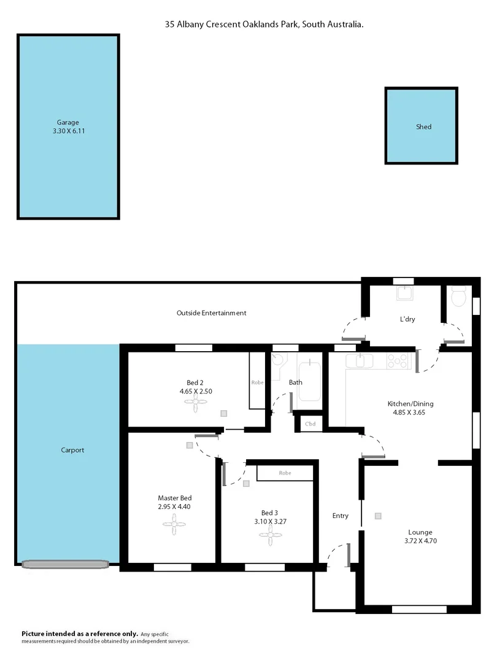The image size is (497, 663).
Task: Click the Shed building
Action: [x=422, y=126]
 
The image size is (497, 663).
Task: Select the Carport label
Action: [x=73, y=450]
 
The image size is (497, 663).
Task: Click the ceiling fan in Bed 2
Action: [x=196, y=403]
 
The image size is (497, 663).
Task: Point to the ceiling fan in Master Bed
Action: [x=174, y=524]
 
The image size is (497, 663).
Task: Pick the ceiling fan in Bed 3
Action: [x=270, y=535]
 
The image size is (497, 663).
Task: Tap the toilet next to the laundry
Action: [x=457, y=298]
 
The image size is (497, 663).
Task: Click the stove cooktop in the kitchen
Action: [x=398, y=362]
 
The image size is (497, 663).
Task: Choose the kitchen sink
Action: [x=361, y=362]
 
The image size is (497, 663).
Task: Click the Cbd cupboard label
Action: [x=310, y=424]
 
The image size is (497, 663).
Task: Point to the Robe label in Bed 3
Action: [x=285, y=473]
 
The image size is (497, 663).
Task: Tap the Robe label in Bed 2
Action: [x=257, y=382]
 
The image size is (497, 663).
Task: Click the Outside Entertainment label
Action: [x=211, y=312]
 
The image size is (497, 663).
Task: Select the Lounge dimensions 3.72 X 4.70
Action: [x=420, y=541]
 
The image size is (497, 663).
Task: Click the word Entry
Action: [x=341, y=516]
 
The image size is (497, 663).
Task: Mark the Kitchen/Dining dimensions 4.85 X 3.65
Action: [x=410, y=413]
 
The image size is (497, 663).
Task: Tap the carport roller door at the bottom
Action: [x=64, y=563]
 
